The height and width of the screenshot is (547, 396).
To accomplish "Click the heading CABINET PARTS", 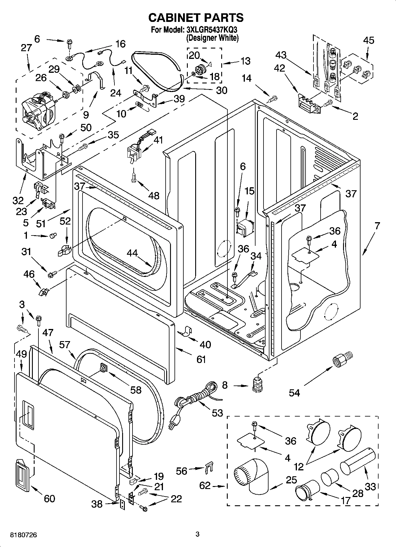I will (x=196, y=18).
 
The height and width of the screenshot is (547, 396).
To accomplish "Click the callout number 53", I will (x=217, y=413).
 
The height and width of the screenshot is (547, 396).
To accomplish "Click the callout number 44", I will (x=132, y=253).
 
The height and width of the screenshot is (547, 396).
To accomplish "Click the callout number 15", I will (x=250, y=191).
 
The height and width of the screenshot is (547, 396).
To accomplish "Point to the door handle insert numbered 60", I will (x=22, y=476).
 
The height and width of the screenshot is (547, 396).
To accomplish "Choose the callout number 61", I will (x=201, y=359).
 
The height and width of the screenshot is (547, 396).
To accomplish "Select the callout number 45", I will (x=368, y=40).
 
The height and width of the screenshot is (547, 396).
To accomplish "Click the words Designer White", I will (x=212, y=38).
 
